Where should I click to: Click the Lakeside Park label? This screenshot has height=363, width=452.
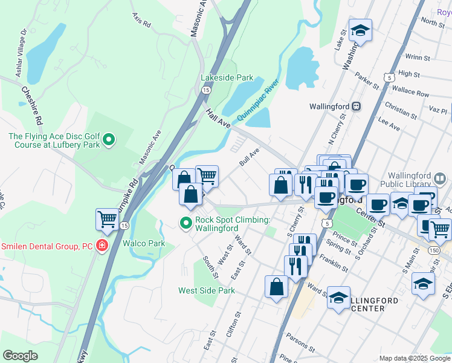(x=227, y=78)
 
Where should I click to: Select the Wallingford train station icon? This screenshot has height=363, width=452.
(x=357, y=106)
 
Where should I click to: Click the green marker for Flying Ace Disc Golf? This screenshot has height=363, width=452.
(x=109, y=140)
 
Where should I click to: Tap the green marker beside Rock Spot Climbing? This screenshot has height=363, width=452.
(x=187, y=223)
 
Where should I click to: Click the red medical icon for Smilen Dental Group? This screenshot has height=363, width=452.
(x=102, y=246)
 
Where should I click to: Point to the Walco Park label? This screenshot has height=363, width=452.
(x=144, y=243)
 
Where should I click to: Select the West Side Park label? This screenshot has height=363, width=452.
(x=206, y=290)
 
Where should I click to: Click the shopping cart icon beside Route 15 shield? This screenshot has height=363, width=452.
(x=108, y=219)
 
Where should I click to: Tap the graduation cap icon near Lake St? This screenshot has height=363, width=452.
(x=360, y=30)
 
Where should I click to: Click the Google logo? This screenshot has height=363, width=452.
(x=21, y=356)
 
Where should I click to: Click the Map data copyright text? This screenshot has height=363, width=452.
(x=414, y=358)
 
